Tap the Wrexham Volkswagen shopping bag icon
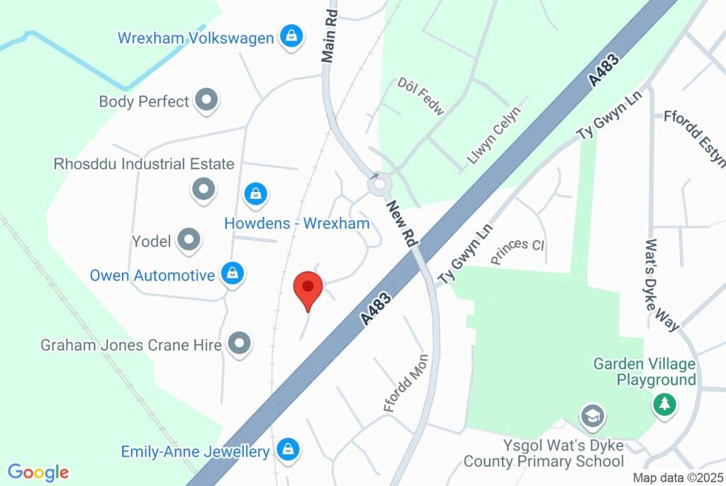(291, 37)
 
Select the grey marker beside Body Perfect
(206, 101)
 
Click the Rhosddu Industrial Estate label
(144, 164)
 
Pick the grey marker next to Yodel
(189, 242)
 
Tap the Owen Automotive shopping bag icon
(232, 275)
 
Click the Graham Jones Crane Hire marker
(240, 345)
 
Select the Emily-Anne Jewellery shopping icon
(288, 451)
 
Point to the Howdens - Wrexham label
(297, 224)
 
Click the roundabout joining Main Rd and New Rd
(379, 186)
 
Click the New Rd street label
(401, 223)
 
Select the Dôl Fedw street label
(420, 96)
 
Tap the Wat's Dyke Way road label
(660, 284)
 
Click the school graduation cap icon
(591, 416)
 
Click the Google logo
(38, 473)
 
